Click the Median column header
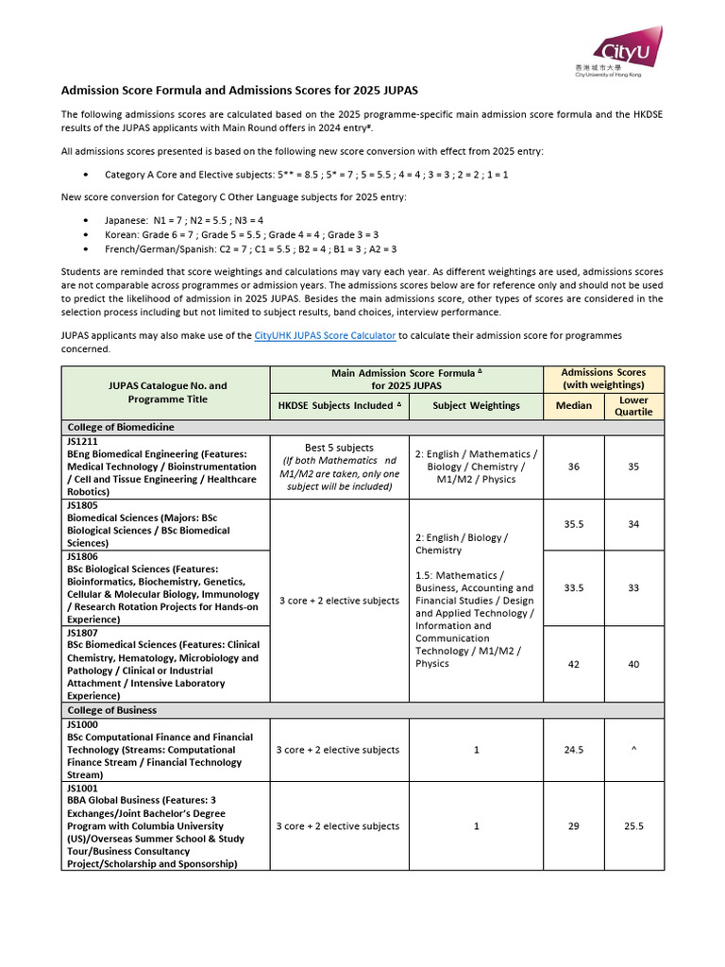coord(573,406)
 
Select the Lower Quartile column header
coord(633,406)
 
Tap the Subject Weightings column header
coord(476,406)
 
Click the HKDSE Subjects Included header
coord(339,406)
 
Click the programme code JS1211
coord(81,441)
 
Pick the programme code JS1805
coord(81,505)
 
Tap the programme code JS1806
coord(81,557)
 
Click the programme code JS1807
coord(81,633)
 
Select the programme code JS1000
coord(81,724)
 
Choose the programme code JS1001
coord(81,788)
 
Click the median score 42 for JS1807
coord(573,664)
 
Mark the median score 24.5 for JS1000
coord(573,750)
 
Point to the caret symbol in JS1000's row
coord(633,750)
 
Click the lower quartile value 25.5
coord(633,826)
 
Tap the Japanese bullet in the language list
coord(86,219)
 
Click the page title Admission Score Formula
coord(239,91)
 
